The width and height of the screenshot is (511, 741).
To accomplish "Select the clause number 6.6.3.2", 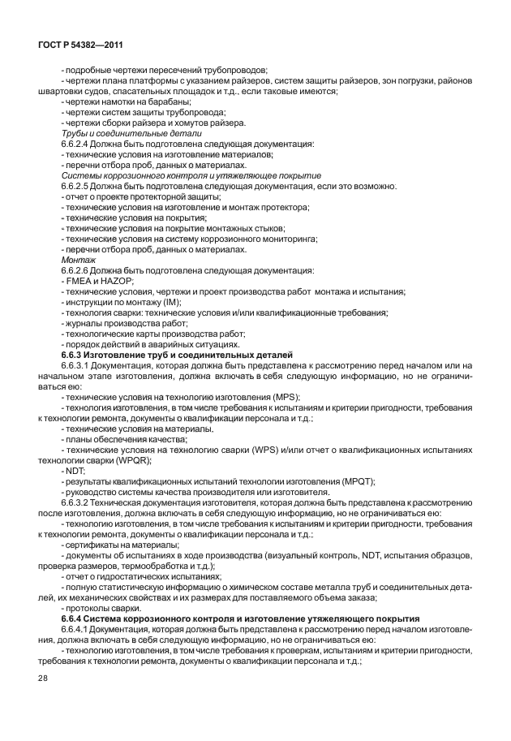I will pos(78,502).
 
